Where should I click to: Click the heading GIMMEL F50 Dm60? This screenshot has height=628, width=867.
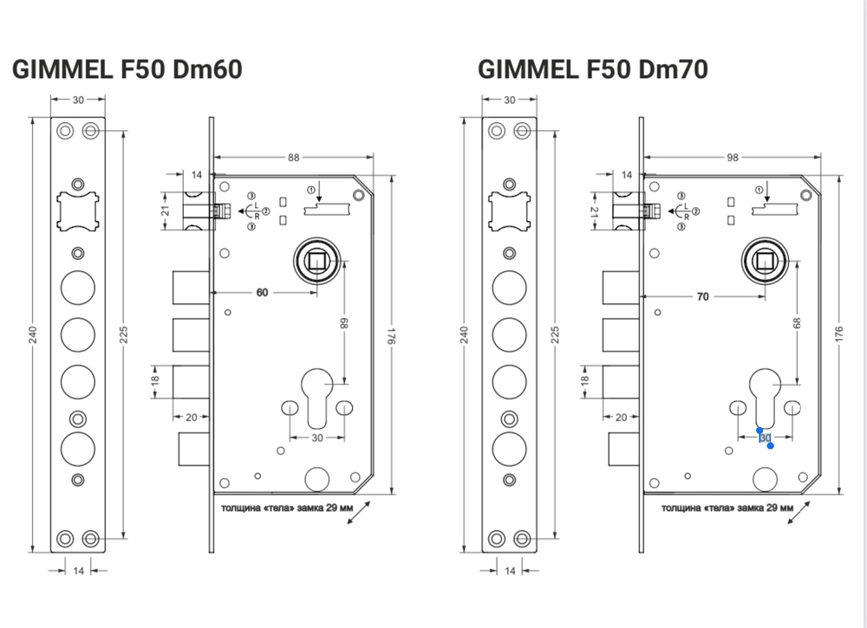(127, 70)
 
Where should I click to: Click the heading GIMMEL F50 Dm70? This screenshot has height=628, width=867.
(592, 70)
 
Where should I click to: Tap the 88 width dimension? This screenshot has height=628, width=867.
(294, 157)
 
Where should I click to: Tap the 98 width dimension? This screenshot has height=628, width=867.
(733, 157)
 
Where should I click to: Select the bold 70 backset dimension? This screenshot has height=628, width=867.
(703, 296)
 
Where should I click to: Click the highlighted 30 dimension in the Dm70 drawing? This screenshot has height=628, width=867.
(765, 438)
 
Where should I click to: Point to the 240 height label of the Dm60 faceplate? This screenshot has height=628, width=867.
(33, 336)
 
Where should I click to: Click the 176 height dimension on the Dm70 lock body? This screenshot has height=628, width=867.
(839, 336)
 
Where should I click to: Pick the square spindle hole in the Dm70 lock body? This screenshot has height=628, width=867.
(766, 258)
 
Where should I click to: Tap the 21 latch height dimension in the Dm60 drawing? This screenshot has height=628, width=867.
(166, 210)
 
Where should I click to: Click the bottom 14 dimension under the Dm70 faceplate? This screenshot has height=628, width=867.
(510, 570)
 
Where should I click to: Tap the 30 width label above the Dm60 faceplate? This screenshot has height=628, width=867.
(78, 100)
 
